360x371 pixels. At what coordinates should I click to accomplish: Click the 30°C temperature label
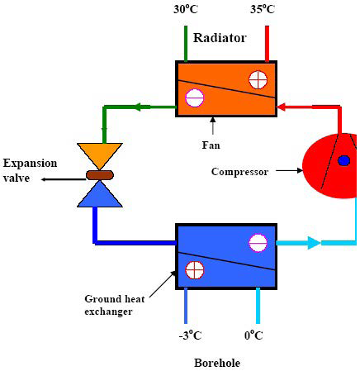[186, 11]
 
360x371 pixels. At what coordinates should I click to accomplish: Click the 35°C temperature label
[263, 11]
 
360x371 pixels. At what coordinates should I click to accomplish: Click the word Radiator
[220, 37]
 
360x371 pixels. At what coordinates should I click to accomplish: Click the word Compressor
[239, 172]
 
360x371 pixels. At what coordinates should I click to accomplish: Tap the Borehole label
[216, 363]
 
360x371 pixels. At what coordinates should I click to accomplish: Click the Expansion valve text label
[26, 169]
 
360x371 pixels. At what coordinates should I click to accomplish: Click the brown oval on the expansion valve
[102, 174]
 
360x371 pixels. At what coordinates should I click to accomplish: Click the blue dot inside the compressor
[343, 160]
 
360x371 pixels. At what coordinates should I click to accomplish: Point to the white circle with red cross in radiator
[258, 79]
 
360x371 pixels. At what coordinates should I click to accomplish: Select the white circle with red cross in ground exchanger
[195, 269]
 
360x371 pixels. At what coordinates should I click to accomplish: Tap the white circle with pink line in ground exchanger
[258, 243]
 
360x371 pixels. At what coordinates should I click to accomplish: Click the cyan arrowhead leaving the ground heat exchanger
[313, 243]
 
